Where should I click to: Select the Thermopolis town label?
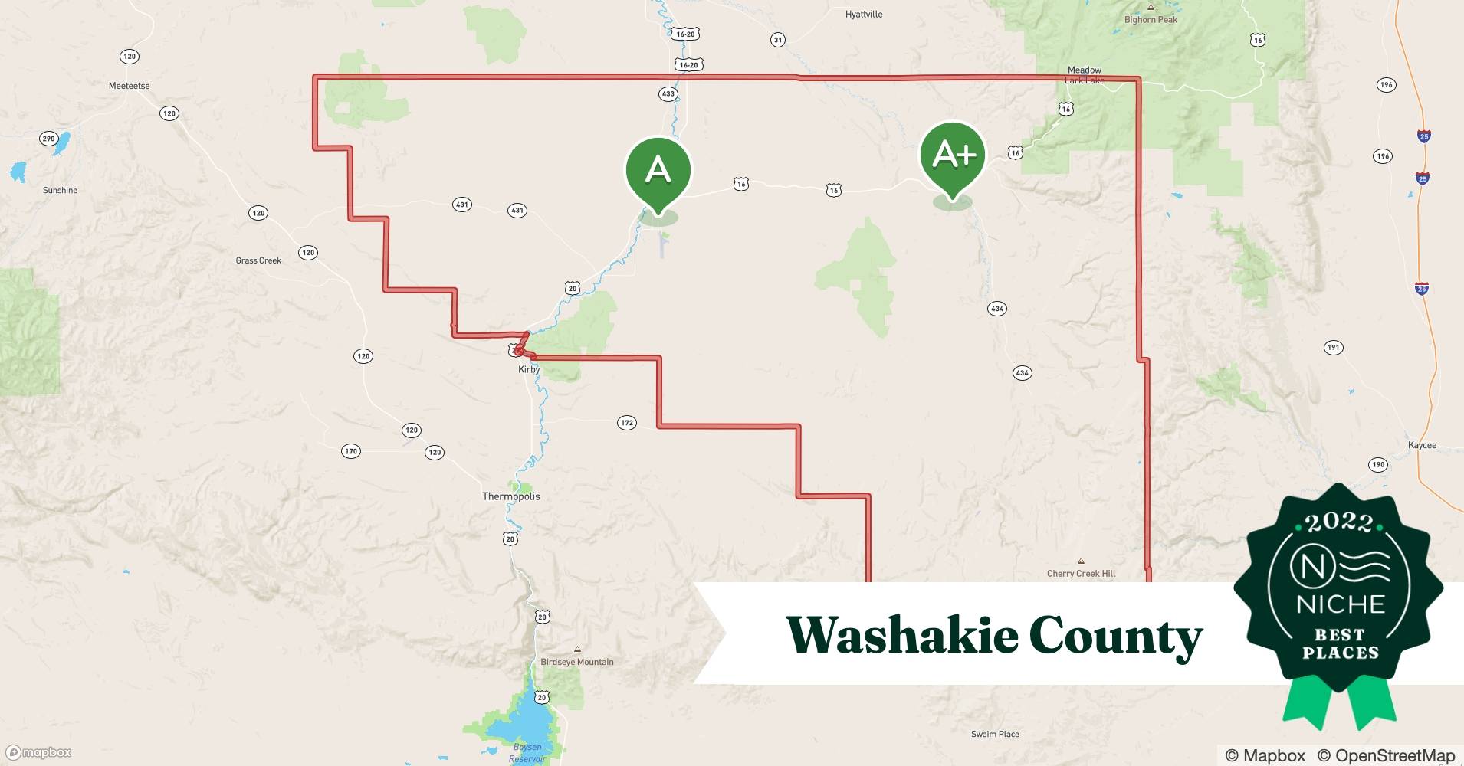coord(510,496)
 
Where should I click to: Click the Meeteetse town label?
coord(129,86)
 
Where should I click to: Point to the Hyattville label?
coord(864,15)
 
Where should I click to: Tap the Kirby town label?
coord(529,369)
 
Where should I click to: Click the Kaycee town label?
coord(1422,445)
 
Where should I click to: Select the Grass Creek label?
coord(258,260)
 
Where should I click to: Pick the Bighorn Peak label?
coord(1151,20)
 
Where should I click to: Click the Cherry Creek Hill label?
coord(1081,573)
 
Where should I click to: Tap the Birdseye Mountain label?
coord(576,662)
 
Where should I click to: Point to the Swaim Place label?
coord(995,734)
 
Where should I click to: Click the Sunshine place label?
coord(60,190)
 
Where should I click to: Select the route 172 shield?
coord(627,423)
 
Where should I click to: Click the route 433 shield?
coord(668,94)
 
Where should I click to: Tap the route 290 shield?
coord(48,139)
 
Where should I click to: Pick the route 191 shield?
coord(1333,348)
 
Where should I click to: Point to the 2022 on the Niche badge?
coord(1338,522)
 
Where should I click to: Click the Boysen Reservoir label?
coord(527,752)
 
